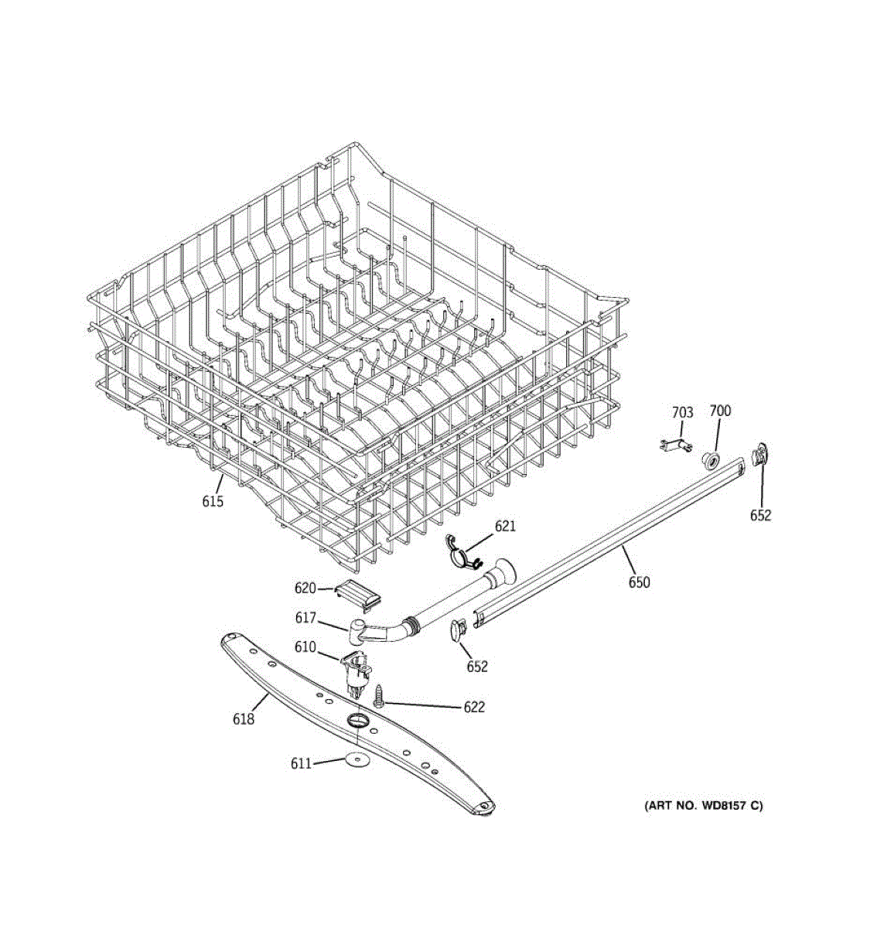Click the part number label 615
pos(213,502)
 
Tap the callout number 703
pos(682,413)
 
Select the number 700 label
pos(720,411)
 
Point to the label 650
pos(639,582)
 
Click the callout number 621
pos(505,527)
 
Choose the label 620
pos(305,589)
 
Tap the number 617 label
pos(306,618)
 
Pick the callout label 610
pos(305,647)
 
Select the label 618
pos(243,719)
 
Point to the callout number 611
pos(301,764)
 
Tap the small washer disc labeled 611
pos(357,760)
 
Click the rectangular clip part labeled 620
pos(357,597)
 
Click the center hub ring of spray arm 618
pos(357,722)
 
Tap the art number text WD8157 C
pos(703,806)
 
